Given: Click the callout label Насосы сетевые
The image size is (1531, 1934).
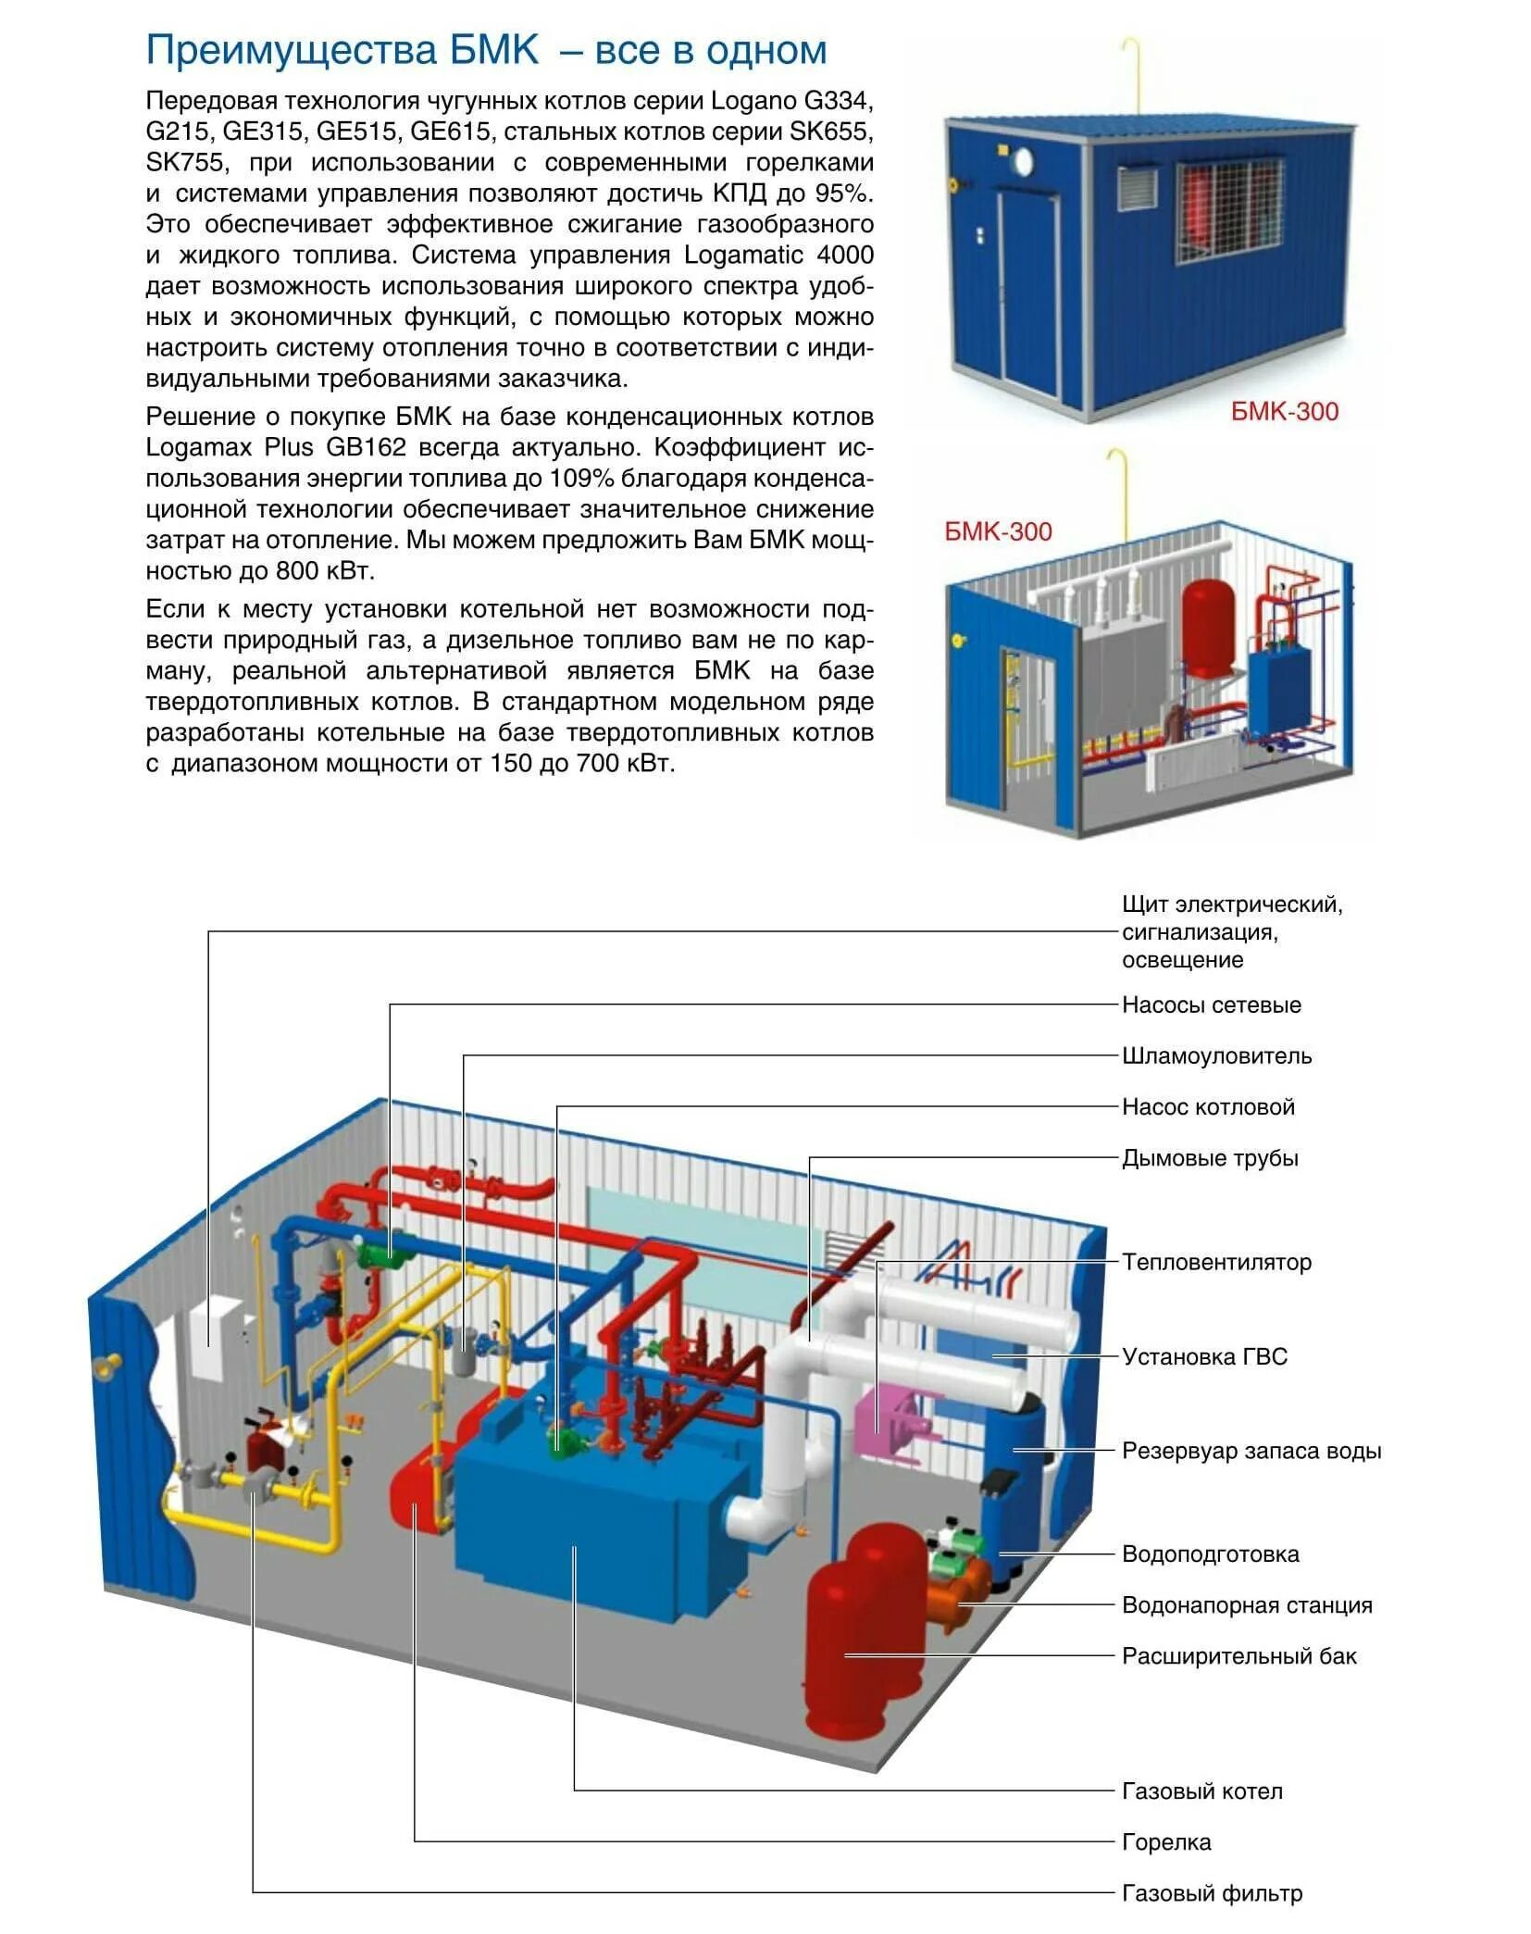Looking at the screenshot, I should (x=1211, y=1004).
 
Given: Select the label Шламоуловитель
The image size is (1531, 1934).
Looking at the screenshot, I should (x=1216, y=1055).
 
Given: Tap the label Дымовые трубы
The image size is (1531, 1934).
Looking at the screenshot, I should (x=1210, y=1158).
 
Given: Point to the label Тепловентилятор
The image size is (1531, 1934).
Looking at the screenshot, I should (x=1216, y=1262).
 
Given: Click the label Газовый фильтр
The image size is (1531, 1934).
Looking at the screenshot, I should (x=1212, y=1893).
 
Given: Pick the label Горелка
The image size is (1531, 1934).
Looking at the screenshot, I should (x=1166, y=1842).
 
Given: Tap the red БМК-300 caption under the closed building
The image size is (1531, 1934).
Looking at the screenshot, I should (x=1284, y=411).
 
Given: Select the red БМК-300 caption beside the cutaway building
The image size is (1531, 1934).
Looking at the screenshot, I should (x=998, y=531).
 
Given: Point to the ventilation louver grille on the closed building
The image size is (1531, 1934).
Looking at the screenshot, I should (x=1136, y=188).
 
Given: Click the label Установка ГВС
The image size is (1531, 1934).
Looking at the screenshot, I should (x=1204, y=1356).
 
